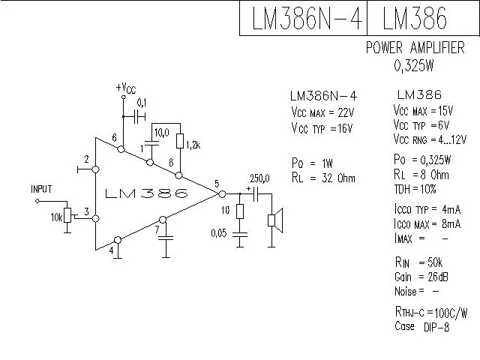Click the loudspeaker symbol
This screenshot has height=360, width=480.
pos(275,220)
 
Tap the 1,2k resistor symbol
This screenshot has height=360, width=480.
pos(180,141)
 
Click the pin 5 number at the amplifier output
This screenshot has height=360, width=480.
pos(216,184)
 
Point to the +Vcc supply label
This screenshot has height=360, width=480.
pos(125,88)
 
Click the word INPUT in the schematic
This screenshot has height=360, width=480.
pos(41,189)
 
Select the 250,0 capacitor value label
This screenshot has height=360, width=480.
pos(261,178)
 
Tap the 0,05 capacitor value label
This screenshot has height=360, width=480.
pos(220,234)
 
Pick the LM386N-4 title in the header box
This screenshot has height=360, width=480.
pos(304,18)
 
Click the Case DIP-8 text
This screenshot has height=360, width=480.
pos(421,326)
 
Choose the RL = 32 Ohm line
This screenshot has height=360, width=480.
pos(323,178)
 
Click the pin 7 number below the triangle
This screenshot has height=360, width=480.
pos(158,230)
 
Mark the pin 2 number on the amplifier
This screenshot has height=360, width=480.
pos(87,160)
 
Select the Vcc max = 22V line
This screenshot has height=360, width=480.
pos(322,112)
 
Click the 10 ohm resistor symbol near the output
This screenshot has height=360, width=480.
pos(239,211)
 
